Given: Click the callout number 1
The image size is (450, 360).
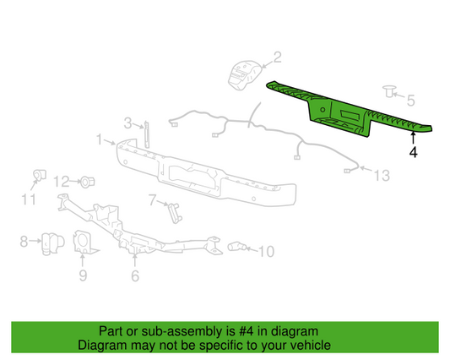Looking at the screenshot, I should click(x=99, y=138).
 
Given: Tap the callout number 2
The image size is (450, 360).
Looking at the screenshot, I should click(x=276, y=57).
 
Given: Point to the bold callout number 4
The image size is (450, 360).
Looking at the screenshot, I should click(x=413, y=153).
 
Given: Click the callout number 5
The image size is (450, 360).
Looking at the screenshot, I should click(x=410, y=100).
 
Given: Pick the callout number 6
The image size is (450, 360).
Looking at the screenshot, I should click(x=134, y=275).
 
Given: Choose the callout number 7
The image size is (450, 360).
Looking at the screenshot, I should click(x=152, y=200).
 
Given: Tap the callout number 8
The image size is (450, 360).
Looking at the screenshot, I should click(x=24, y=242).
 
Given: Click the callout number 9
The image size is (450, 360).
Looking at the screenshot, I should click(x=82, y=274).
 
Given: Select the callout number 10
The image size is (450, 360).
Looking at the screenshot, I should click(x=266, y=251).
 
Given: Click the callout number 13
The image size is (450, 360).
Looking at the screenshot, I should click(x=382, y=175).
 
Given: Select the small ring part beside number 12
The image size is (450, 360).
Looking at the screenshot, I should click(x=87, y=181).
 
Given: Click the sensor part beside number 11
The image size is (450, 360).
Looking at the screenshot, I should click(x=38, y=175).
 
